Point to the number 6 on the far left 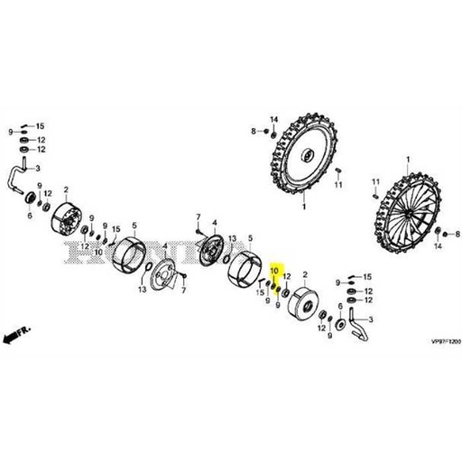pos(30,217)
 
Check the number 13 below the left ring pos(143,290)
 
